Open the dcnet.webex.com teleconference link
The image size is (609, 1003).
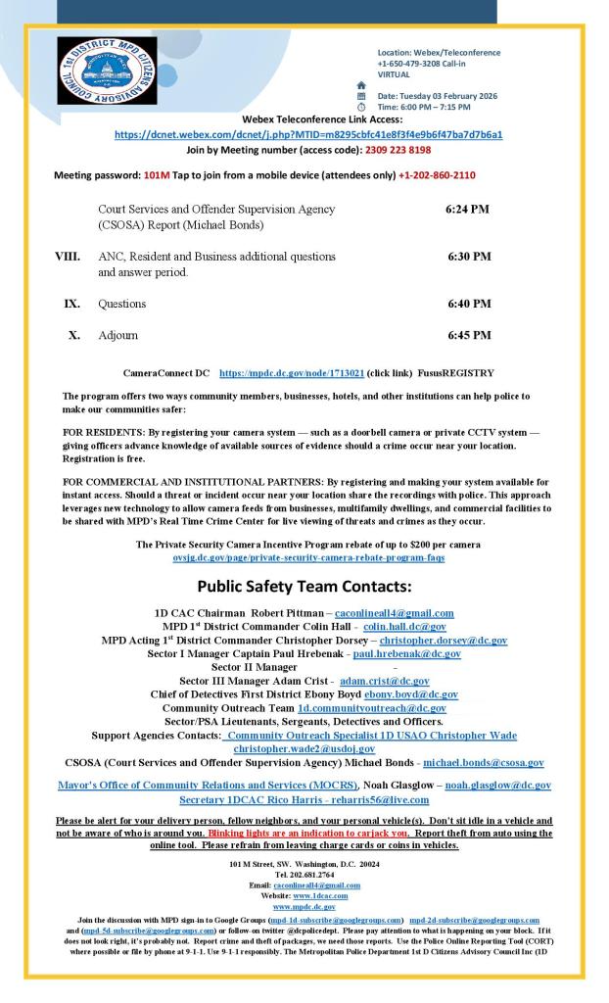308,134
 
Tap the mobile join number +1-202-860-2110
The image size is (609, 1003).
437,174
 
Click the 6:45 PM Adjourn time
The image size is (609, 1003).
469,335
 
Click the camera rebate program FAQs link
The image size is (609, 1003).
308,557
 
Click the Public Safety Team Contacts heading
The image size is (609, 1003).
304,587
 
